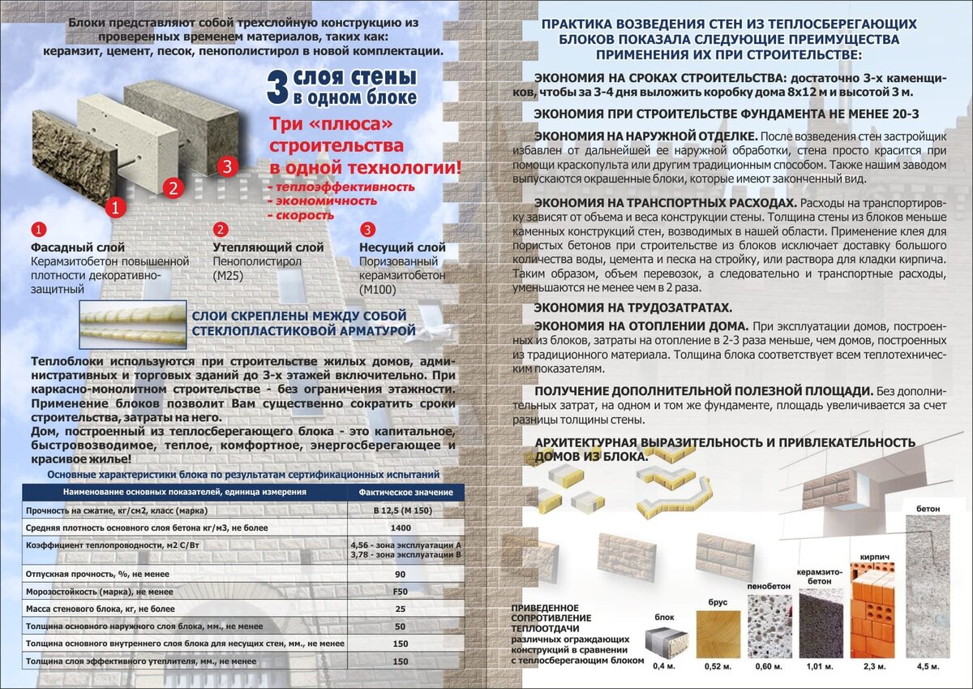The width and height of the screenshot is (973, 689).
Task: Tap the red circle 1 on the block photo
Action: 116,208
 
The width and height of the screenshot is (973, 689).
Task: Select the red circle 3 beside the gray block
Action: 227,167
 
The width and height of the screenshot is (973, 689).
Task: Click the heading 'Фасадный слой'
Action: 78,248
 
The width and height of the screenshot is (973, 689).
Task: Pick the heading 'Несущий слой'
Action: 402,248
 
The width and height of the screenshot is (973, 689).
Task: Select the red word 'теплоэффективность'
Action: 341,187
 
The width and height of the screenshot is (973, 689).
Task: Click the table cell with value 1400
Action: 400,528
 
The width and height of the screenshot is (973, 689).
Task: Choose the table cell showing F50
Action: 400,591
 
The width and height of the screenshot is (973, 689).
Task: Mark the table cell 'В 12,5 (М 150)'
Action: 400,510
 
